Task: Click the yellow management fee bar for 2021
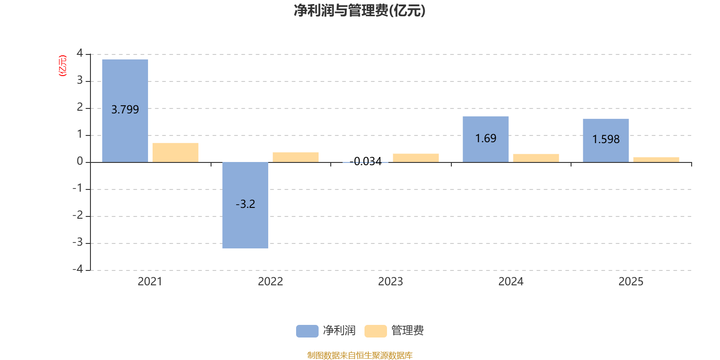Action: (x=175, y=153)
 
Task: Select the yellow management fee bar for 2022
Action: (x=296, y=157)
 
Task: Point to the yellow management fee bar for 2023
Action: (x=416, y=158)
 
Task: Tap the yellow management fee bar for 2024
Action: (x=536, y=158)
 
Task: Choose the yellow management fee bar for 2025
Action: (x=656, y=160)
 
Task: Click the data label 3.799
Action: (x=125, y=110)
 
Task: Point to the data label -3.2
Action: (x=245, y=204)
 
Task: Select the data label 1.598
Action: (x=606, y=139)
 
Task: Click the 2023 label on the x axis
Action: (x=390, y=282)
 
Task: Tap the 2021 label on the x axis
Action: (x=150, y=282)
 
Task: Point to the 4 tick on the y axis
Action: (x=80, y=53)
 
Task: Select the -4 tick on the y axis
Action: (x=78, y=269)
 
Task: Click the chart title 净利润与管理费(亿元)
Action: (x=360, y=10)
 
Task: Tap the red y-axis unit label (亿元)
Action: (x=63, y=66)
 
